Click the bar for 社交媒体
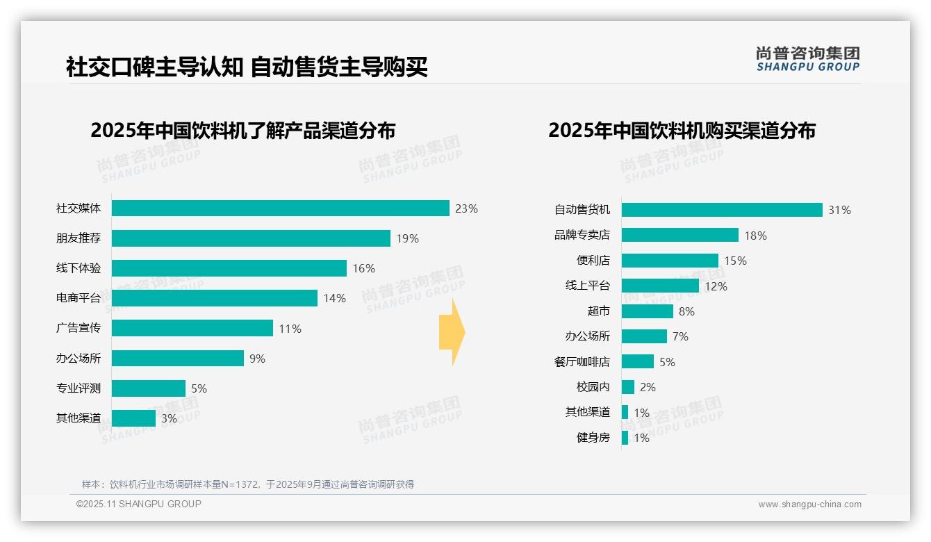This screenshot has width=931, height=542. point(281,208)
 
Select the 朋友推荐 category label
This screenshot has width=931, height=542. point(79,238)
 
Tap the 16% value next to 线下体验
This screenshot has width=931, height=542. point(363,268)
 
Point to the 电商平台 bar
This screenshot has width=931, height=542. point(215,298)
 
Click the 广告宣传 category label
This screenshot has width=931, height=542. point(79,328)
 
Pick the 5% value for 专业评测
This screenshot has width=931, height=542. point(199,388)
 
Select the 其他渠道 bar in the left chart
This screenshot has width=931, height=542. point(133,418)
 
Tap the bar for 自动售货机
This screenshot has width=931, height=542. point(722,210)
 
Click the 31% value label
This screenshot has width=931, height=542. point(839,210)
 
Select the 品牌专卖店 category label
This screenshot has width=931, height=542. point(582,236)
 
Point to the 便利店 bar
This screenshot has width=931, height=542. point(670,261)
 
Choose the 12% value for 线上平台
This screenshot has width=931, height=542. point(716,286)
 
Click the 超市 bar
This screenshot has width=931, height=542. point(648,311)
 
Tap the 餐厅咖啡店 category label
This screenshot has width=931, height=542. point(582,362)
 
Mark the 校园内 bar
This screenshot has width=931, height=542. point(628,387)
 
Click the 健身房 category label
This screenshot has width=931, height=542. point(593,438)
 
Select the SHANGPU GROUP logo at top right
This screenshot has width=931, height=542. point(808,59)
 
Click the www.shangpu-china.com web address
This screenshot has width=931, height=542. point(809,504)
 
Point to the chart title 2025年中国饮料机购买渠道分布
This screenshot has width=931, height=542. point(682,131)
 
